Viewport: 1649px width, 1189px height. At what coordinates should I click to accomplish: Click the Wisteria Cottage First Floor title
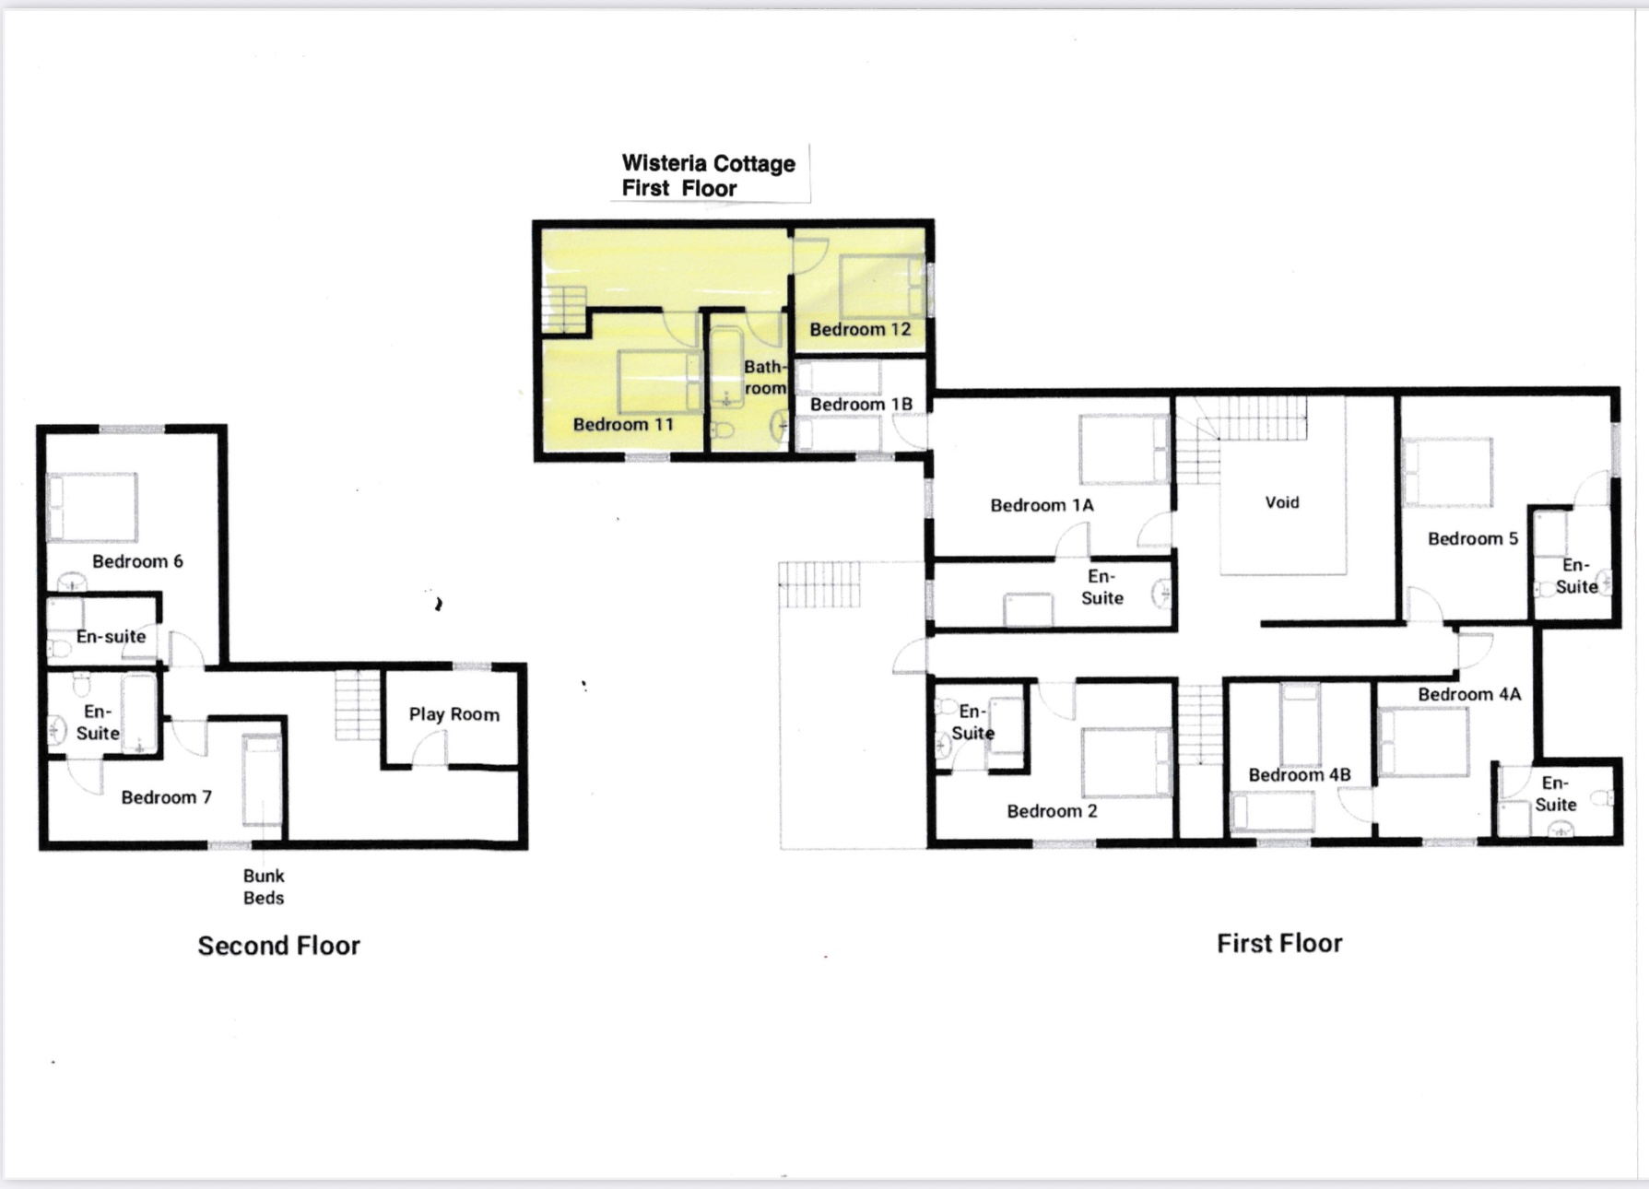coord(708,175)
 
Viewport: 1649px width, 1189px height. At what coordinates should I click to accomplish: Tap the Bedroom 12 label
coord(860,329)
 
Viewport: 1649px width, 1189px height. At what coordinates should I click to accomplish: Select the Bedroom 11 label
coord(623,424)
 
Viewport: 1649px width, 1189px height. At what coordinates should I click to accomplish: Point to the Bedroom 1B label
coord(861,404)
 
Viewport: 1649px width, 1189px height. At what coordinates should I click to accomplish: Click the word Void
coord(1282,502)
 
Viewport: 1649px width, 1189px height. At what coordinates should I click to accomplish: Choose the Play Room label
coord(454,714)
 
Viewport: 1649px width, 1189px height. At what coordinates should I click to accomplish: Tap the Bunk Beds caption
coord(264,887)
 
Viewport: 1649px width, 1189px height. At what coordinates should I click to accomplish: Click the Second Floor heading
coord(278,946)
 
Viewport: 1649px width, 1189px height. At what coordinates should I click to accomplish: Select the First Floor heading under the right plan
coord(1279,943)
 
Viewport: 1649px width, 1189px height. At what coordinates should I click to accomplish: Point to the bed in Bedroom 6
coord(92,507)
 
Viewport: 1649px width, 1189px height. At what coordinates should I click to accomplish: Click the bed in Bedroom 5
coord(1447,472)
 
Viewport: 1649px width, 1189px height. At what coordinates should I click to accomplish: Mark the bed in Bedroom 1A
coord(1125,450)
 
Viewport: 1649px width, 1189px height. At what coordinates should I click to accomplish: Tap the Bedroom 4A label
coord(1469,694)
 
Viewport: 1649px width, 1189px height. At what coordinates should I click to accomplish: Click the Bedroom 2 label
coord(1052,811)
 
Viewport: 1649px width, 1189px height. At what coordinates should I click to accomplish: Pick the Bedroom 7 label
coord(167,797)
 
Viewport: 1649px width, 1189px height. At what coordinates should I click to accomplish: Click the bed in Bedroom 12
coord(881,286)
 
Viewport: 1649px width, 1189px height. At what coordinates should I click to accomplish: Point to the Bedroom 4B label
coord(1300,774)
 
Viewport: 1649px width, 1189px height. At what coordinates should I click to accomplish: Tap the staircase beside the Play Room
coord(358,705)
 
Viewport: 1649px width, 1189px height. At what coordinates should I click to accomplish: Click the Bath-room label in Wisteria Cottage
coord(765,377)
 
